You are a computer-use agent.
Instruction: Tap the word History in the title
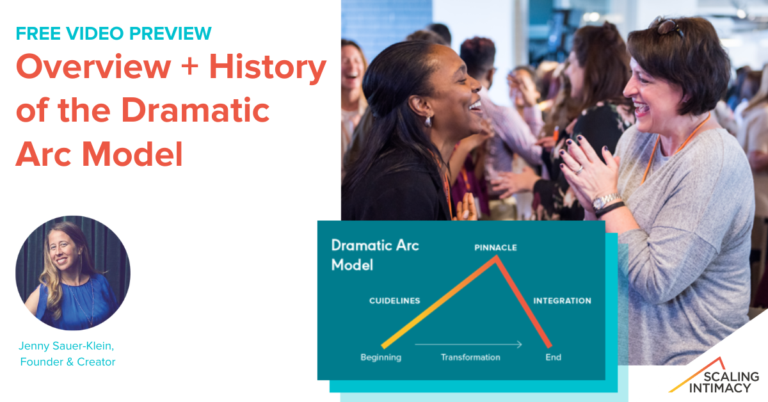[x=268, y=68]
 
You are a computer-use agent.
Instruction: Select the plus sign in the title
[x=189, y=66]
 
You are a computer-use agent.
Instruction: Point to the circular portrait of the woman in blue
[x=73, y=273]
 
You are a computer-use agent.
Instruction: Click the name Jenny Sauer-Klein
[x=66, y=346]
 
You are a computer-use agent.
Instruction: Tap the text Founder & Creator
[x=68, y=362]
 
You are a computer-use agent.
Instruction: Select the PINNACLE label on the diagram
[x=495, y=248]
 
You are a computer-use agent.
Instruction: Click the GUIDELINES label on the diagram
[x=395, y=301]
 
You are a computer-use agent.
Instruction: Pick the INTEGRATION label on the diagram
[x=563, y=301]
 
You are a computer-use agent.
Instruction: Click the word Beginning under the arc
[x=381, y=357]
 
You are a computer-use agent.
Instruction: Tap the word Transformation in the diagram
[x=470, y=357]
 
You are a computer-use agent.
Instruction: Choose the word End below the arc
[x=554, y=357]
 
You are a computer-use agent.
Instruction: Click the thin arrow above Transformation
[x=468, y=344]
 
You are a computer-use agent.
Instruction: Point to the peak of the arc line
[x=496, y=258]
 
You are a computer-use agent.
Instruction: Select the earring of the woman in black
[x=428, y=122]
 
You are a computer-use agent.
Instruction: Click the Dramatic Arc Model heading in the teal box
[x=375, y=255]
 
